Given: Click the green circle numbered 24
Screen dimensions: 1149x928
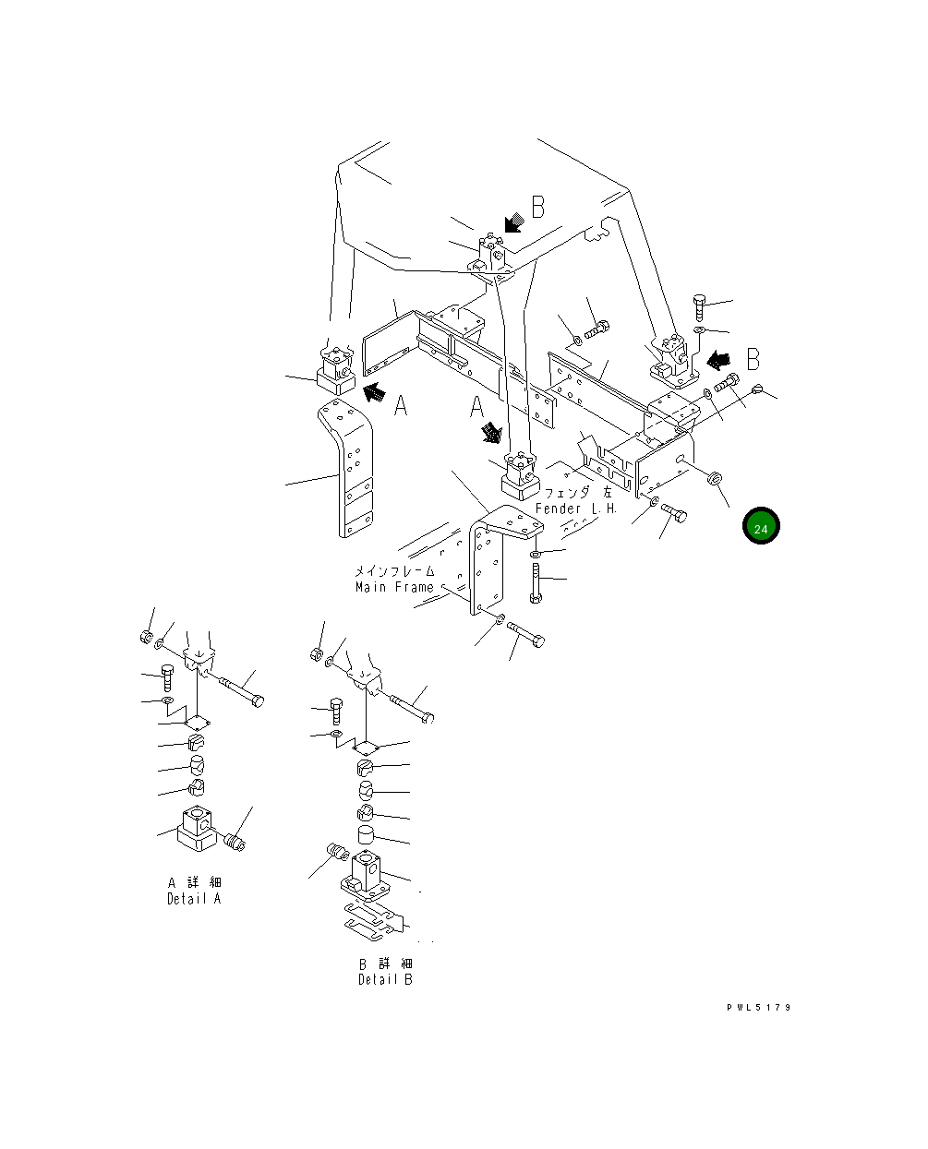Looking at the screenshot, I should (x=760, y=528).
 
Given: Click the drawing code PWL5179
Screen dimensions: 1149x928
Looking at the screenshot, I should (x=758, y=1007).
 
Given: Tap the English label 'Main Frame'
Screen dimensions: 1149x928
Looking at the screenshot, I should (x=394, y=588).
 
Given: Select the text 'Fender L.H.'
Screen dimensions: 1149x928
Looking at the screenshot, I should (x=577, y=509).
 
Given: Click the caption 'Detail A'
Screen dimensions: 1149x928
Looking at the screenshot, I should (x=194, y=899).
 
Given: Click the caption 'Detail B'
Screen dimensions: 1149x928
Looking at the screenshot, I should (x=385, y=979).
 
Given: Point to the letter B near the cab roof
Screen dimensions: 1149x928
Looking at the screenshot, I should (x=537, y=208).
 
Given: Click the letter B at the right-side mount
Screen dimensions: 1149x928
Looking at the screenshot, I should (x=753, y=358).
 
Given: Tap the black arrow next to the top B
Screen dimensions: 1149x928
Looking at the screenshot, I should (x=513, y=222).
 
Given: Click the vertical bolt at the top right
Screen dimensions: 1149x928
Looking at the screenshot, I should (x=699, y=307).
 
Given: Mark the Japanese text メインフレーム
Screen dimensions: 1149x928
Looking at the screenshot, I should (x=394, y=572).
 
